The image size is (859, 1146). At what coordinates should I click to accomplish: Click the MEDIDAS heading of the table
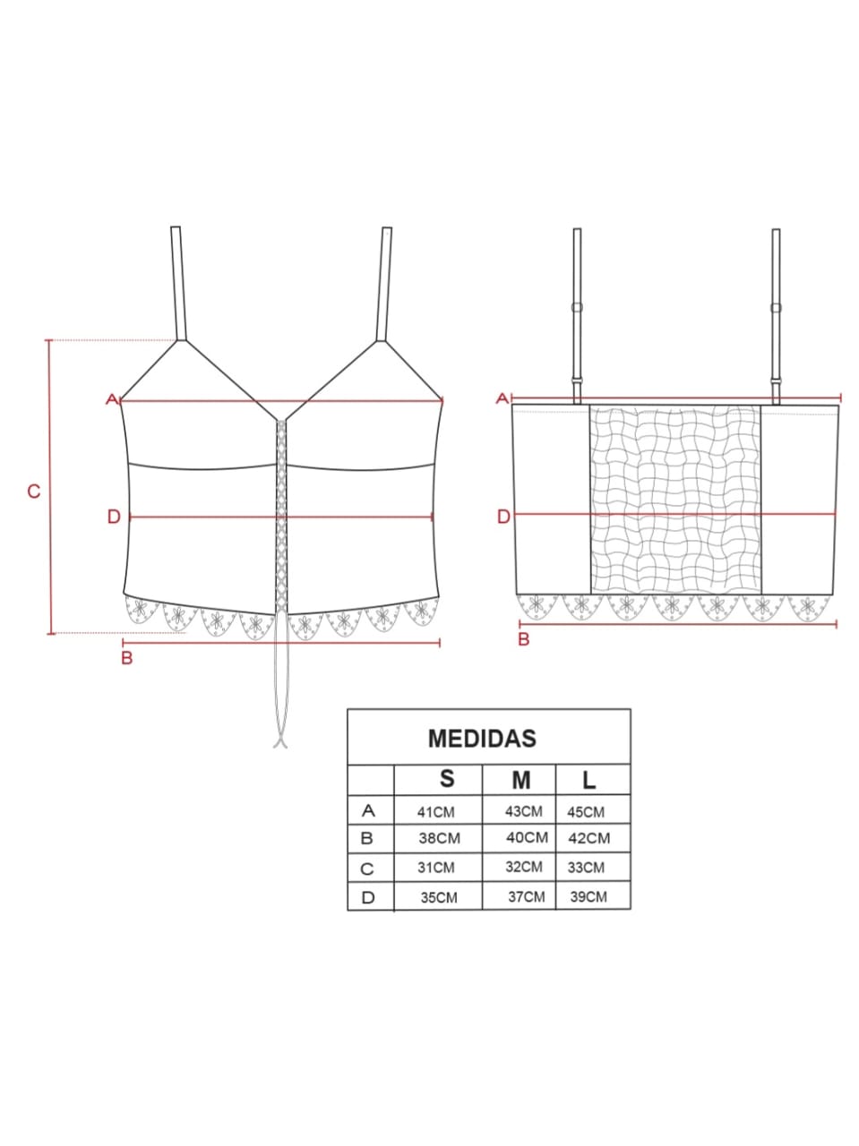[x=482, y=739]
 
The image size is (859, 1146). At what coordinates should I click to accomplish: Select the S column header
[x=447, y=778]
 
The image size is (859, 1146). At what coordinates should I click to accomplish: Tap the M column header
[x=521, y=780]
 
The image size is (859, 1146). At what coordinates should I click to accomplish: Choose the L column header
[x=589, y=781]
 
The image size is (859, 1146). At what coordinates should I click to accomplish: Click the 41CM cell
[x=435, y=812]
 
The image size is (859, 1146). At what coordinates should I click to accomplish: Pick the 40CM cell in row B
[x=527, y=837]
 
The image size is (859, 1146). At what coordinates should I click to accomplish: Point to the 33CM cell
[x=586, y=868]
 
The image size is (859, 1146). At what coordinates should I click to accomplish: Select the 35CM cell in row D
[x=439, y=897]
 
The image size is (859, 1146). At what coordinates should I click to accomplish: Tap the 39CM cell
[x=588, y=897]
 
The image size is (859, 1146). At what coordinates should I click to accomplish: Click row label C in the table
[x=367, y=868]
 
